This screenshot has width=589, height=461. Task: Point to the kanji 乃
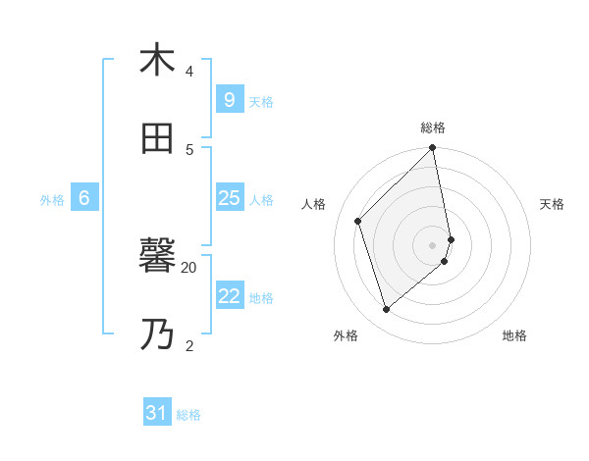[x=157, y=335]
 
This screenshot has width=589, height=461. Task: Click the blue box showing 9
[x=229, y=99]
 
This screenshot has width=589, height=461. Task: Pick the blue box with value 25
[x=229, y=198]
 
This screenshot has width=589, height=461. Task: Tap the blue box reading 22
[x=229, y=296]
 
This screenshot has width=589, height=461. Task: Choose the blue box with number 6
[x=84, y=198]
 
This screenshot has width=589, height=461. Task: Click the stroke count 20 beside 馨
[x=189, y=267]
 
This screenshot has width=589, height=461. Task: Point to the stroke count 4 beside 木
[x=189, y=71]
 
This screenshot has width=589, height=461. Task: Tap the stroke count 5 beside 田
[x=189, y=150]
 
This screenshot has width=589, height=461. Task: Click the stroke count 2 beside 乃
[x=189, y=345]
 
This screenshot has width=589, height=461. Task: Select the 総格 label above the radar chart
[x=433, y=128]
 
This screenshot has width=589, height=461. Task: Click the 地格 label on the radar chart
[x=514, y=335]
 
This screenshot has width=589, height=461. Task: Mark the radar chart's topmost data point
[x=433, y=149]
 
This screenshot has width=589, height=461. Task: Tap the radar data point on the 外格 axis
[x=387, y=310]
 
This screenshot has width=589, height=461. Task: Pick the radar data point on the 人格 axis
[x=358, y=221]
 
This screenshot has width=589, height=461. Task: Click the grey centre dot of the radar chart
[x=433, y=244]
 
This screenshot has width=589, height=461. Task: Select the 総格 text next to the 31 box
[x=188, y=415]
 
